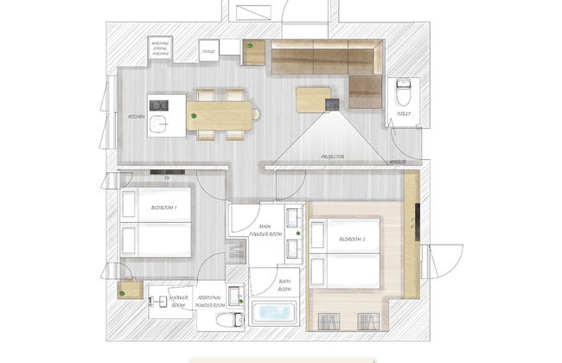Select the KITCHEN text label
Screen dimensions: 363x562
[137, 116]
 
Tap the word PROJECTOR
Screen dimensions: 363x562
[333, 156]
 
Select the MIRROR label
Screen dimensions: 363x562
[399, 162]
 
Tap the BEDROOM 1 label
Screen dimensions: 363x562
[163, 208]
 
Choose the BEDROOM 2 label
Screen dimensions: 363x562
[354, 239]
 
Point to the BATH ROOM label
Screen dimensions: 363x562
[284, 285]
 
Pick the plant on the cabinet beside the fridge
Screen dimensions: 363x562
[251, 45]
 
